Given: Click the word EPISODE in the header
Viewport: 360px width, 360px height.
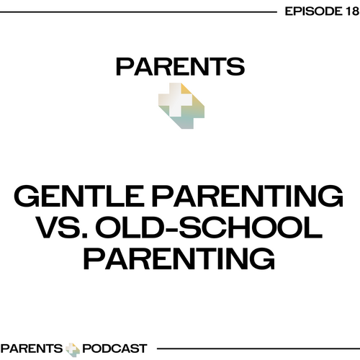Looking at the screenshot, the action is [312, 12].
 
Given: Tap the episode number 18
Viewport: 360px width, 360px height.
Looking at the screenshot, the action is [351, 12].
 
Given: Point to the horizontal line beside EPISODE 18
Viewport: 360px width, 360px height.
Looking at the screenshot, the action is [138, 12].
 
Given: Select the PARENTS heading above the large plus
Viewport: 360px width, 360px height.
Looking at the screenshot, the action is [180, 67].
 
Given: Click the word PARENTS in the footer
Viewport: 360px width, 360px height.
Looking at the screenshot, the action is [32, 348].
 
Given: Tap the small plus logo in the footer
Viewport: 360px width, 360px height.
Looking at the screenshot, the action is [73, 349].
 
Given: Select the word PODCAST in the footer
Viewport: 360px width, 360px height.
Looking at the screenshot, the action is [114, 348].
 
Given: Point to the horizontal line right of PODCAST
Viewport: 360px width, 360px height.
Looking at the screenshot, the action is [258, 348].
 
